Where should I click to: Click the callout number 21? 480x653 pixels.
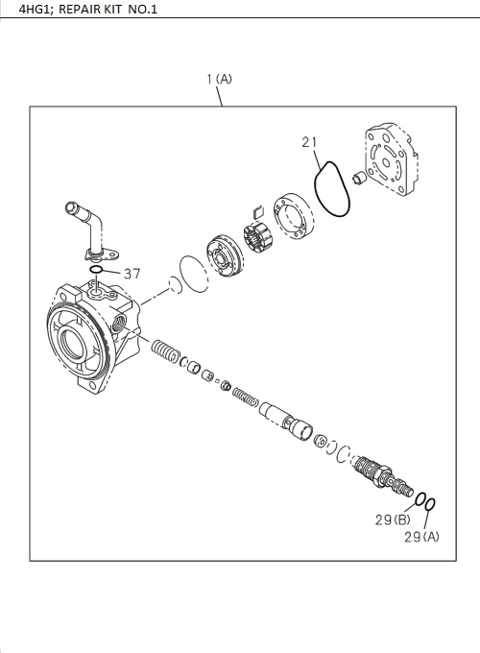[309, 142]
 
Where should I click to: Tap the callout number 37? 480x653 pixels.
[132, 274]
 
